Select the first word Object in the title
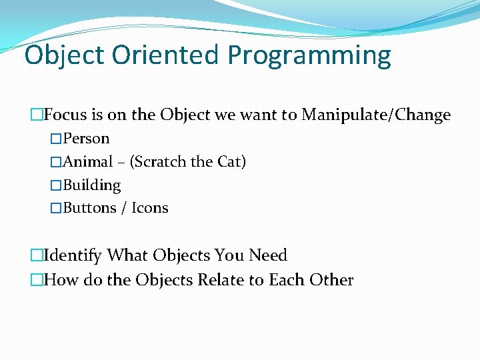coord(65,55)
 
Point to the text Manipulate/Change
coord(376,115)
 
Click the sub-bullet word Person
coord(86,139)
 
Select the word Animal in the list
coord(87,162)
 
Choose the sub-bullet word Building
coord(91,185)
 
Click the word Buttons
coord(89,208)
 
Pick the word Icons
coord(150,208)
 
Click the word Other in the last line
coord(331,280)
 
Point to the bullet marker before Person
coord(56,139)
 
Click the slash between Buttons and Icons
coord(124,209)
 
